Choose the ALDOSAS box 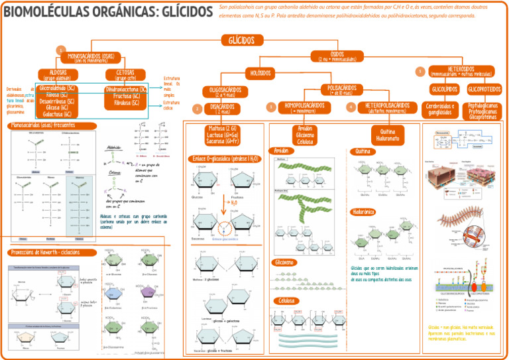pos(58,74)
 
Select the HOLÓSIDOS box pos(264,72)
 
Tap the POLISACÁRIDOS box pos(342,89)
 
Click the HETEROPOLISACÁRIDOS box pos(386,107)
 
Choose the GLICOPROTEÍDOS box pos(484,89)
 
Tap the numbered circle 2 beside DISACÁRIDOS pos(197,109)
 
